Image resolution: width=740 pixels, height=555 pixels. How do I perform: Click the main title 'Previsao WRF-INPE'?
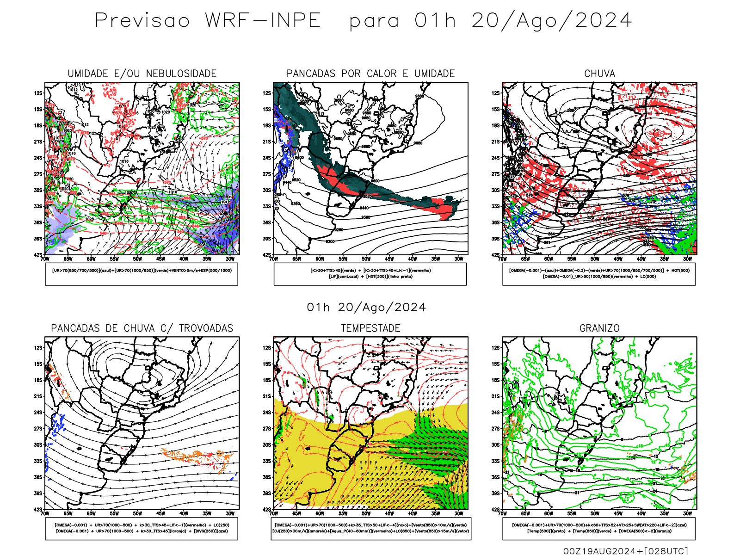coord(208,21)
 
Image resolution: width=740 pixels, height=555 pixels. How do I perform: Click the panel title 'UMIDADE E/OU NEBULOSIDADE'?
coord(142,74)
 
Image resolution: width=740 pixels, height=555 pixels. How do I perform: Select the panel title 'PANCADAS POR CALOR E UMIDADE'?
coord(370,74)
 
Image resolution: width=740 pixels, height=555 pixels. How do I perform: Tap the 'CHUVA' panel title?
coord(599,74)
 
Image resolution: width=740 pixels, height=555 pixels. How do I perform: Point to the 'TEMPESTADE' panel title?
coord(370,328)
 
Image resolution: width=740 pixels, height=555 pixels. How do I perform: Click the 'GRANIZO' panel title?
coord(599,328)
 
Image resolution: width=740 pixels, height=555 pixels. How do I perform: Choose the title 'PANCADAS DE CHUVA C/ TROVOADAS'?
coord(142,328)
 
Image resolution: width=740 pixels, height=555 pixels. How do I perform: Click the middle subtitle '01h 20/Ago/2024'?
coord(366,308)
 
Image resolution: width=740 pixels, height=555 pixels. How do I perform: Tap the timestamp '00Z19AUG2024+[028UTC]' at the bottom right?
coord(625,550)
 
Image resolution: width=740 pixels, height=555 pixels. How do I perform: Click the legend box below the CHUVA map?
coord(599,274)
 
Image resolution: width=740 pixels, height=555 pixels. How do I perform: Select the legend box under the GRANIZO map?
coord(599,528)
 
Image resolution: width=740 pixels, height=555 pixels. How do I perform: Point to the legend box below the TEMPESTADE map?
coord(370,528)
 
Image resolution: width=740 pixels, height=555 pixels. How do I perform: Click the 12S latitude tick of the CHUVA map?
coord(496,93)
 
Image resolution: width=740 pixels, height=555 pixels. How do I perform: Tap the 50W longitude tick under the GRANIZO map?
coord(595,513)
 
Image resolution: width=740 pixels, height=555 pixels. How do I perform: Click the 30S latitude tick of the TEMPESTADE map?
coord(267,445)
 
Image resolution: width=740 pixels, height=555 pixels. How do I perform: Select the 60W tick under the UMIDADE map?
coord(91,259)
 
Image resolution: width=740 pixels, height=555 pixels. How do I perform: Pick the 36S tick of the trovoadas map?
coord(38,477)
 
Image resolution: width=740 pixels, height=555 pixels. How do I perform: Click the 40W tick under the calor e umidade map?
coord(412,259)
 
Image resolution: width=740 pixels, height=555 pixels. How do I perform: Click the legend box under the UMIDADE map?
coord(142,274)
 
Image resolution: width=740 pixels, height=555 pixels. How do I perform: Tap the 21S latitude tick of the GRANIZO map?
coord(496,396)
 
